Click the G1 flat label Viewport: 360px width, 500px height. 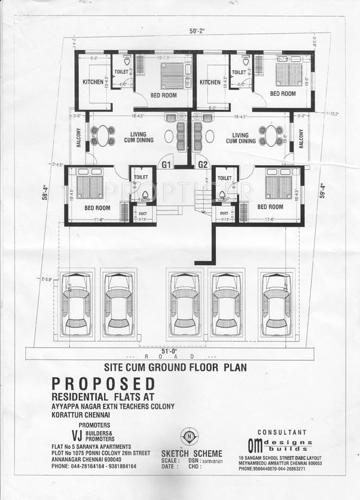[x=166, y=163]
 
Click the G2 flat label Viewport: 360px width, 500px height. [x=202, y=163]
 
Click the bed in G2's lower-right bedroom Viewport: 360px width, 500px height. [x=277, y=186]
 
